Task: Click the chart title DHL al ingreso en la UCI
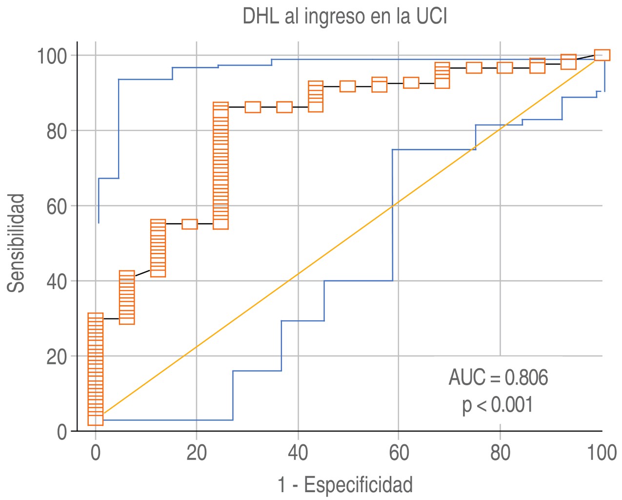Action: pyautogui.click(x=344, y=17)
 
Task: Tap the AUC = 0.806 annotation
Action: pyautogui.click(x=498, y=377)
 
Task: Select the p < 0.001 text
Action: pyautogui.click(x=498, y=405)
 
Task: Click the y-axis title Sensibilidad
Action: pyautogui.click(x=17, y=243)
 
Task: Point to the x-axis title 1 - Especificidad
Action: pyautogui.click(x=345, y=485)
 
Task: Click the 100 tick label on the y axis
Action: pyautogui.click(x=52, y=56)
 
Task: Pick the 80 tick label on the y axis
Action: pyautogui.click(x=57, y=131)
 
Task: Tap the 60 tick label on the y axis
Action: pyautogui.click(x=57, y=206)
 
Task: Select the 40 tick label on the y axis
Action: pyautogui.click(x=57, y=281)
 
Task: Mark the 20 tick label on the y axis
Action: pyautogui.click(x=57, y=356)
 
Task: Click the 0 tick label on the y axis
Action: pyautogui.click(x=62, y=432)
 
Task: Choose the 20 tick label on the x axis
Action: pyautogui.click(x=196, y=453)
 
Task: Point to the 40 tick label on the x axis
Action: pyautogui.click(x=298, y=453)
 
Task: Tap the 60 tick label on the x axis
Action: pyautogui.click(x=399, y=453)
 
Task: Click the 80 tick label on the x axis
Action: pyautogui.click(x=500, y=453)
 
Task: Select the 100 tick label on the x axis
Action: pyautogui.click(x=601, y=453)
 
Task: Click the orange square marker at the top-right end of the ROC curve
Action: pyautogui.click(x=602, y=55)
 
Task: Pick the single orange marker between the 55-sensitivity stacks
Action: pyautogui.click(x=190, y=224)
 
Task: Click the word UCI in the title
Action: pyautogui.click(x=432, y=17)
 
